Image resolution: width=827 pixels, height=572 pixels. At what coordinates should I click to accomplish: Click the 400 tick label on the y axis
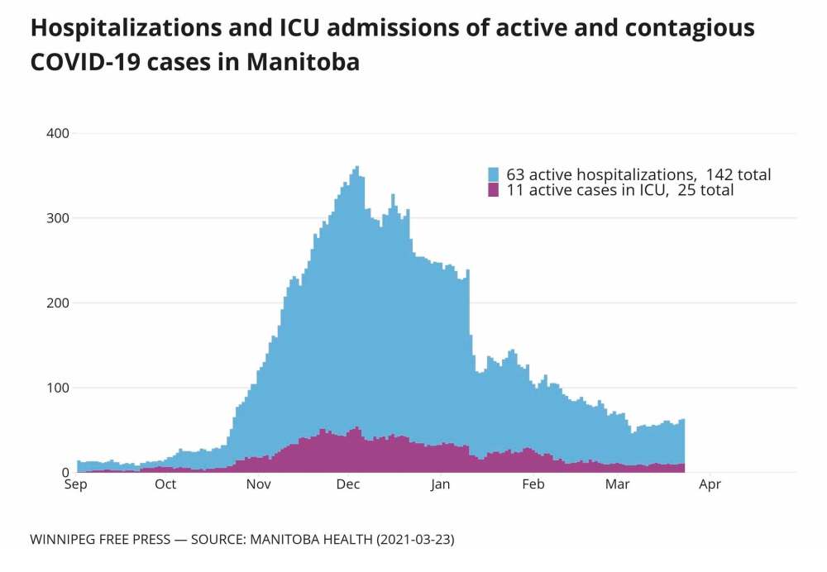pyautogui.click(x=58, y=133)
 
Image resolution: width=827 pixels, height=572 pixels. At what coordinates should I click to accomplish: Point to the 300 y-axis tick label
pyautogui.click(x=58, y=218)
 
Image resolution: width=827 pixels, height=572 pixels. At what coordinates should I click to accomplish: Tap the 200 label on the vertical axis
pyautogui.click(x=58, y=303)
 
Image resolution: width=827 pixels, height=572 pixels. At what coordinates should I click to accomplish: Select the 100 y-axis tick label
pyautogui.click(x=58, y=388)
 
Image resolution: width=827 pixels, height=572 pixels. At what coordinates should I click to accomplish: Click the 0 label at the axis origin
pyautogui.click(x=65, y=473)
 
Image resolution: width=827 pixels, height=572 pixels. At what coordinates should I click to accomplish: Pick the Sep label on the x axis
pyautogui.click(x=75, y=485)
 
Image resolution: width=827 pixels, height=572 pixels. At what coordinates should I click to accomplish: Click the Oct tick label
pyautogui.click(x=165, y=485)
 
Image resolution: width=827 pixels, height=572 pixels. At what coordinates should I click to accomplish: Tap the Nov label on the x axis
pyautogui.click(x=260, y=485)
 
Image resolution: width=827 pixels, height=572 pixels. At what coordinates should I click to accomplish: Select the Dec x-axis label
pyautogui.click(x=347, y=485)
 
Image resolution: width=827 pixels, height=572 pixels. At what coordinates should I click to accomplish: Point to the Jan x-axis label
pyautogui.click(x=440, y=485)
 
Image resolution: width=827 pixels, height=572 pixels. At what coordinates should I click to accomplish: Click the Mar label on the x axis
pyautogui.click(x=617, y=485)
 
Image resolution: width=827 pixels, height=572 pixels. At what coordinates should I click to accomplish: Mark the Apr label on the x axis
pyautogui.click(x=710, y=485)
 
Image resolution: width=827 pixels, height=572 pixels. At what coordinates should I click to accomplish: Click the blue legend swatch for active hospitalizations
pyautogui.click(x=494, y=174)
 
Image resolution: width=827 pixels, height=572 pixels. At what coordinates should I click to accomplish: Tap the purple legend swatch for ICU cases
pyautogui.click(x=494, y=190)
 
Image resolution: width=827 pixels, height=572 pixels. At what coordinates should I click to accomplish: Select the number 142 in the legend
pyautogui.click(x=722, y=174)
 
